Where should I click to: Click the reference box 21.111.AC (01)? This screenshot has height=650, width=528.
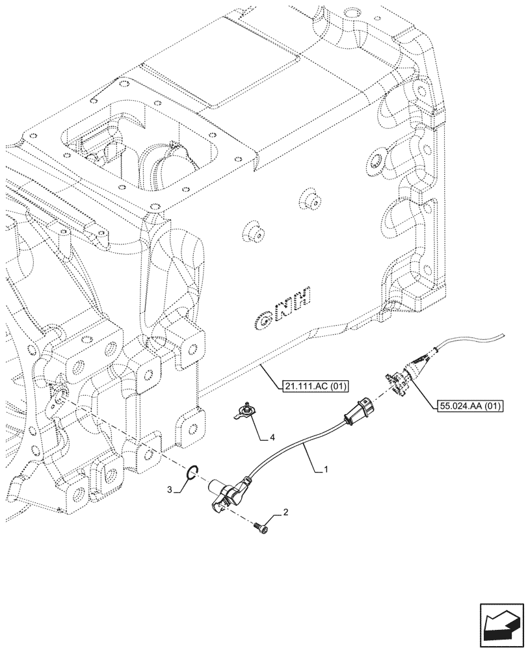317,387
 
